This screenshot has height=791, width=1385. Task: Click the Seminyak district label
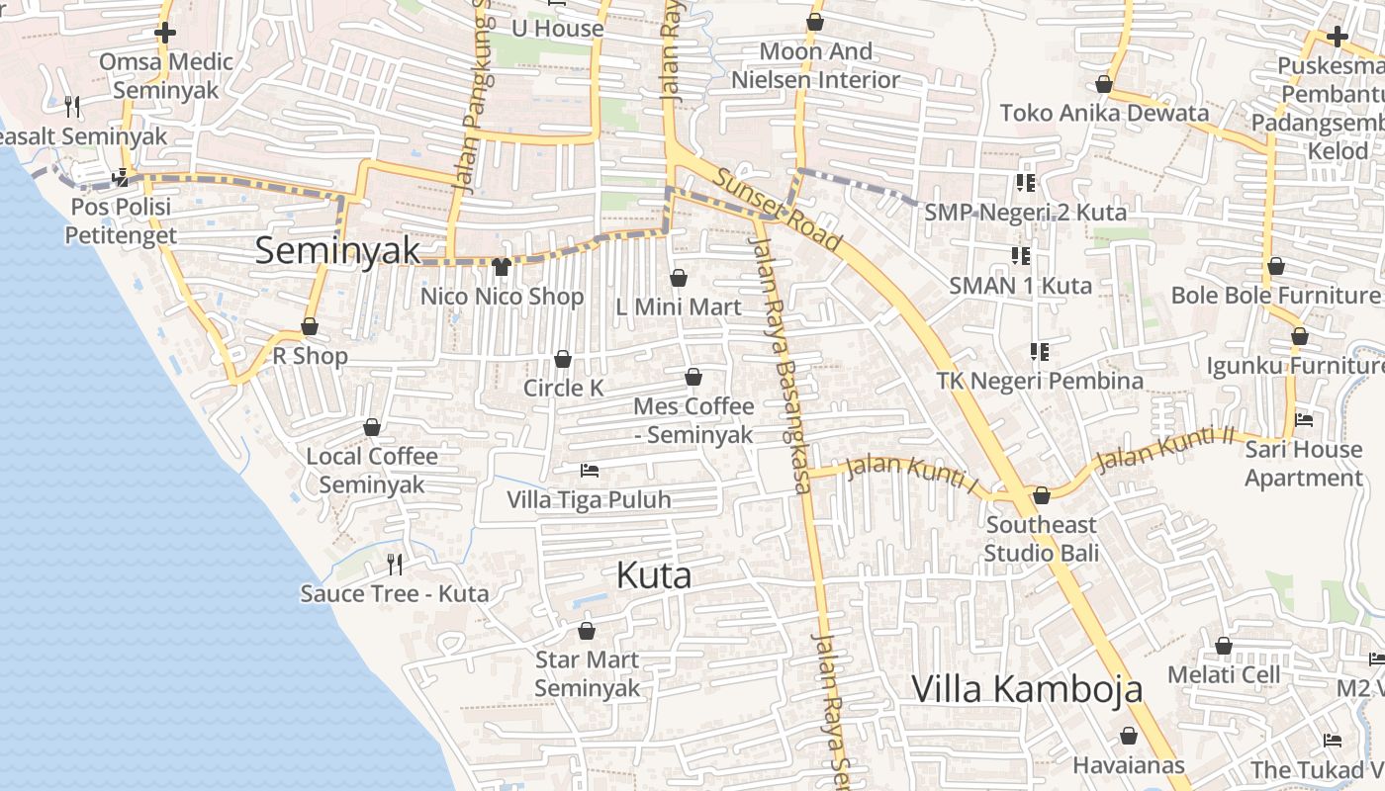tap(338, 250)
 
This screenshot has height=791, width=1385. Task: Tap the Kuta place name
tap(653, 575)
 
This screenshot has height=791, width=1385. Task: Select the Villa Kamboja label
tap(1026, 689)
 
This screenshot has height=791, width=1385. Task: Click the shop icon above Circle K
tap(563, 359)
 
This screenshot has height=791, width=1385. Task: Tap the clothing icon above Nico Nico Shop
tap(501, 267)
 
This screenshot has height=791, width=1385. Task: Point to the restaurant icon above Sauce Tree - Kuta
tap(395, 565)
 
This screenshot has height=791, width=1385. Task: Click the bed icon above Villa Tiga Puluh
tap(590, 471)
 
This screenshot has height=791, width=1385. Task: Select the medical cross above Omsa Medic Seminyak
tap(165, 33)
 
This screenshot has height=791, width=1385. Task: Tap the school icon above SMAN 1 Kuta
tap(1021, 257)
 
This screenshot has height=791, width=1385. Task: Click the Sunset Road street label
tap(779, 210)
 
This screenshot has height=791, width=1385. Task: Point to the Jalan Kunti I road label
tap(912, 474)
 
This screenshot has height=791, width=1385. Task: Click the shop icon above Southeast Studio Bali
tap(1041, 495)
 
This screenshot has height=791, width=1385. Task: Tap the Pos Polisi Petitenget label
tap(121, 220)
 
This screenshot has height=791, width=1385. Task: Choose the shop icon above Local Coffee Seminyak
tap(372, 427)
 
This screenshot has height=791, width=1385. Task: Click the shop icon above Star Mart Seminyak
tap(587, 631)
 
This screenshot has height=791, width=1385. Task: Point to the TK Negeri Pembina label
tap(1040, 381)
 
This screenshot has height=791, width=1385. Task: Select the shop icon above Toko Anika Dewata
tap(1104, 85)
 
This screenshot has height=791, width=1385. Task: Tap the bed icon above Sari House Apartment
tap(1304, 420)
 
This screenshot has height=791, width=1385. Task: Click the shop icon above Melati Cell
tap(1224, 647)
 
